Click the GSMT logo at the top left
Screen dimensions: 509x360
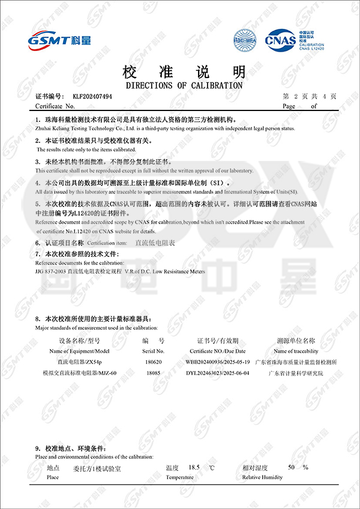pos(59,40)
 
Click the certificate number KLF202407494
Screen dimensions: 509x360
pos(92,96)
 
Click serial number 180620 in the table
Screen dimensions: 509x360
pos(154,363)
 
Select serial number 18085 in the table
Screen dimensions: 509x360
pos(154,373)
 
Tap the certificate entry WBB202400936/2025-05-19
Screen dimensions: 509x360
pos(218,363)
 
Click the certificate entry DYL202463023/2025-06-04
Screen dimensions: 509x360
pos(218,373)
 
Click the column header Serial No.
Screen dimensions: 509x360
pos(154,351)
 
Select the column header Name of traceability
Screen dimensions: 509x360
pos(296,351)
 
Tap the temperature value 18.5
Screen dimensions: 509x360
pos(194,467)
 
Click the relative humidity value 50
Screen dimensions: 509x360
pos(292,467)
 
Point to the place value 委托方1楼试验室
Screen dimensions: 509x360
pos(97,468)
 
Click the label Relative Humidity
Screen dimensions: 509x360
pos(262,477)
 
